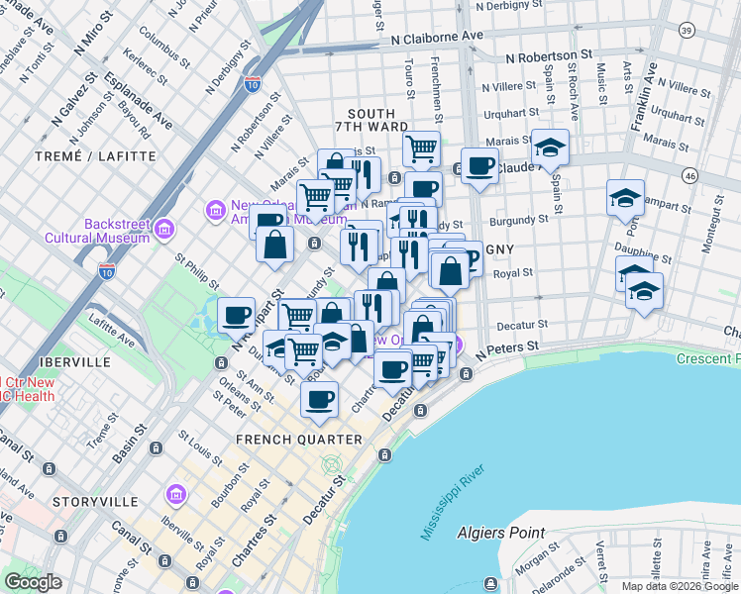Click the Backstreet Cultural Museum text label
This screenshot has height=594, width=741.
(97, 231)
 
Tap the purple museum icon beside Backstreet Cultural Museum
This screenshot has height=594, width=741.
(164, 231)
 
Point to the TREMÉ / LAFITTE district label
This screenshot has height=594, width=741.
(96, 156)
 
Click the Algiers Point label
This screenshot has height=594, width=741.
(500, 534)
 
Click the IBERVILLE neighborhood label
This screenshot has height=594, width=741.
(69, 362)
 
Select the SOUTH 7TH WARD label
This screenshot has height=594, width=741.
(370, 121)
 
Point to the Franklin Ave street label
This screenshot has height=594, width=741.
(645, 98)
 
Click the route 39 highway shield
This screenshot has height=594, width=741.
(687, 32)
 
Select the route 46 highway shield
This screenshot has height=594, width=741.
(690, 175)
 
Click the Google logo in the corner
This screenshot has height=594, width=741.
(34, 582)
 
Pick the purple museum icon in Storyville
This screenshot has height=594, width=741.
(176, 493)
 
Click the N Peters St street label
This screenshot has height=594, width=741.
(506, 349)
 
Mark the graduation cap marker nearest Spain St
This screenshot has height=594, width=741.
(550, 148)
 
